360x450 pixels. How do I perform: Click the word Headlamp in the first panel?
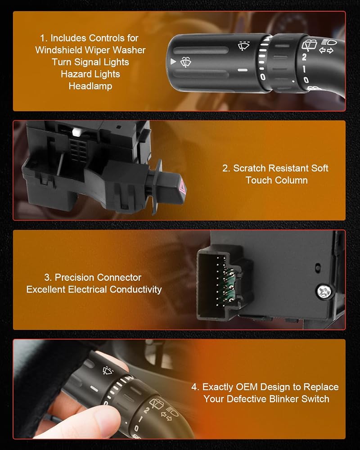(x=90, y=86)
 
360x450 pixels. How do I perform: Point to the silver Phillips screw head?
(x=324, y=292)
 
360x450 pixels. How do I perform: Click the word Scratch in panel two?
(x=250, y=168)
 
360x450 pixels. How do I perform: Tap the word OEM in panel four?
(x=247, y=387)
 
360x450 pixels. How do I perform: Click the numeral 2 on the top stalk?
(x=304, y=57)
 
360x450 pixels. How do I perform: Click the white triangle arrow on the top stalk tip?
(x=173, y=61)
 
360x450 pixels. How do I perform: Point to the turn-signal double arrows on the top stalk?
(x=326, y=50)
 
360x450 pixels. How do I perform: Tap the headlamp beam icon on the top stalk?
(x=329, y=42)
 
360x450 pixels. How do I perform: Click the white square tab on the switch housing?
(x=76, y=132)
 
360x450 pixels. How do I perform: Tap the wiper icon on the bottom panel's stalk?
(x=108, y=370)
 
